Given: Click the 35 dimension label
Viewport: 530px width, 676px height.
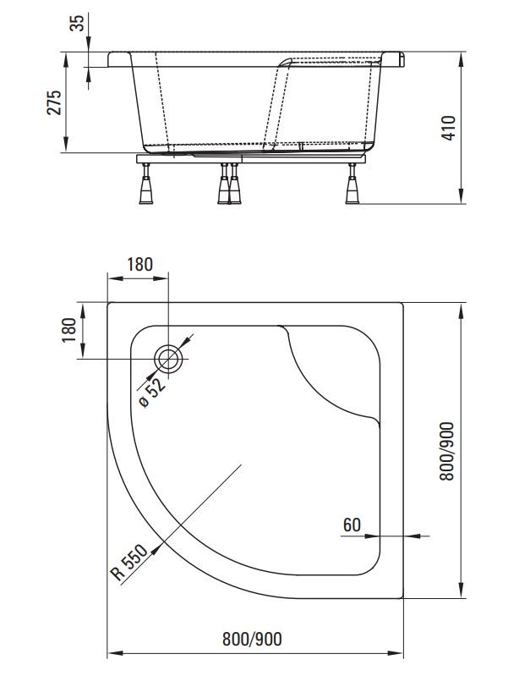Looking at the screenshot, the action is [x=77, y=24].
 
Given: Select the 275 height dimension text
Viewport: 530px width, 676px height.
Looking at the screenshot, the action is [x=54, y=102].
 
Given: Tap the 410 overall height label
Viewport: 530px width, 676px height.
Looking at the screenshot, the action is [x=449, y=128].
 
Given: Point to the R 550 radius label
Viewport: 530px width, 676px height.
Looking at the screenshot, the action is [x=128, y=561].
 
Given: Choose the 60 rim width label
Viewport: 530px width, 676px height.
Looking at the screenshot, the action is [x=352, y=525].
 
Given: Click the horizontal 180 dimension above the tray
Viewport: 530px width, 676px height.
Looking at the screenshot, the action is [x=139, y=264].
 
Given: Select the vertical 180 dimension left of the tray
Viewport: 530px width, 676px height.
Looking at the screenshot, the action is [x=69, y=330].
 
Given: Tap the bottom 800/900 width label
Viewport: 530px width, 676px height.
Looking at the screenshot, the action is [x=252, y=639].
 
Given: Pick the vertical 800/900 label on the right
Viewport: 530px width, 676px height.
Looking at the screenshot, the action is [x=447, y=451].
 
